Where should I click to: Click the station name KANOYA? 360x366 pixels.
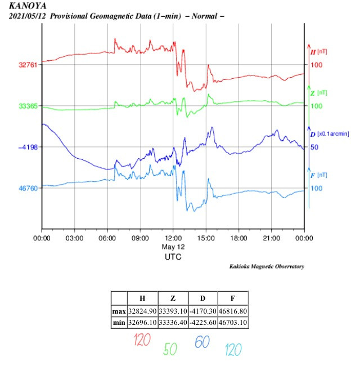coord(28,6)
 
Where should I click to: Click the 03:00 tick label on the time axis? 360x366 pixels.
coord(75,238)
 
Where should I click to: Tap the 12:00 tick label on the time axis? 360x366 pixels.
coord(173,238)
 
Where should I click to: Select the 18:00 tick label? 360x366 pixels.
coord(238,238)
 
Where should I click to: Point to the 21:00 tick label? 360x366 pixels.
coord(272,238)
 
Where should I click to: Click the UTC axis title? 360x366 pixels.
coord(173,257)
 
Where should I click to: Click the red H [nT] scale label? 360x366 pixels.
coord(318,52)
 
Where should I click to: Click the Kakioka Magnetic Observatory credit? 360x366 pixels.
coord(267,266)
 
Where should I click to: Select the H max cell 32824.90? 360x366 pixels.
coord(142,311)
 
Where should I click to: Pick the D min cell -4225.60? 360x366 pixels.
coord(202,323)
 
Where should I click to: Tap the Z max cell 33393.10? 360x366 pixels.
coord(173,311)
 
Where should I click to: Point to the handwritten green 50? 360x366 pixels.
coord(170,349)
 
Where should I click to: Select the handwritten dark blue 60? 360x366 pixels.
coord(202,342)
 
